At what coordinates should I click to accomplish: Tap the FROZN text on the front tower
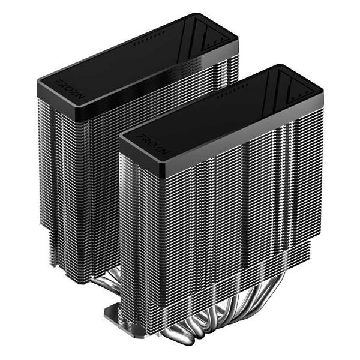pos(145,144)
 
